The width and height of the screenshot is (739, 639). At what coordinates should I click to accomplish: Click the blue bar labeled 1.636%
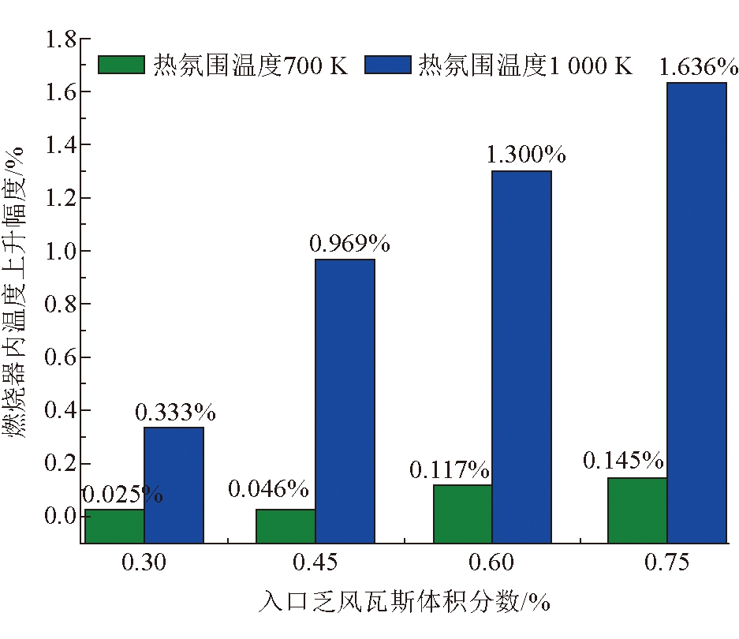point(696,312)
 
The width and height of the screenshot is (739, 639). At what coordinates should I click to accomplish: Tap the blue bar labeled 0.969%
point(345,401)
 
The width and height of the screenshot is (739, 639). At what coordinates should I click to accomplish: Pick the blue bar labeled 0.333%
point(174,484)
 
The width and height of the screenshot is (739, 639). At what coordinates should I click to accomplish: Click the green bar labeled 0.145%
point(637,510)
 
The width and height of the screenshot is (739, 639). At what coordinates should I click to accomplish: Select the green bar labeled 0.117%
point(463,514)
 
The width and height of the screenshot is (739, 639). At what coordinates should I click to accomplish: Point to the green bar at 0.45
point(286,525)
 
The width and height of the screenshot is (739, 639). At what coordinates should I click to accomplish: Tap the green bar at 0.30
point(114,525)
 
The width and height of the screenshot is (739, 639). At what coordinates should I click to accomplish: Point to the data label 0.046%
point(268,489)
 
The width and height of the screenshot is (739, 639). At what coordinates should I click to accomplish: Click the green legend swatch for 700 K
point(121,64)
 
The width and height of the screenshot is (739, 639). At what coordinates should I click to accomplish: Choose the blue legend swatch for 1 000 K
point(388,64)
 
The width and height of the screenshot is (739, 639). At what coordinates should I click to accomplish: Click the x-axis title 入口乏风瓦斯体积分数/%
point(404,603)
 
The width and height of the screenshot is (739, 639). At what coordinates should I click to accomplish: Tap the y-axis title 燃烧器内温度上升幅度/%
point(18,292)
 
